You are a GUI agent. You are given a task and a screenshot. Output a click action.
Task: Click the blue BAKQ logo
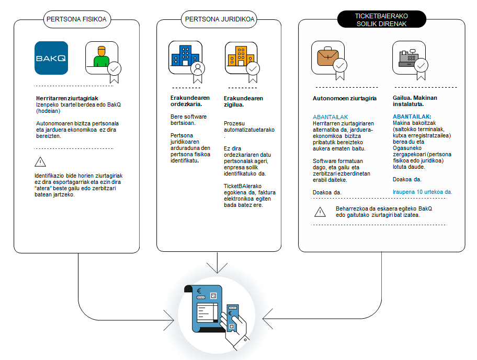click(x=51, y=58)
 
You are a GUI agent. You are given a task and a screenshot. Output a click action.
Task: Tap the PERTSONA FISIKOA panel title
click(x=76, y=20)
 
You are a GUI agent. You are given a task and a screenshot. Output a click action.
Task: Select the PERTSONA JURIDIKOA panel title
click(x=220, y=20)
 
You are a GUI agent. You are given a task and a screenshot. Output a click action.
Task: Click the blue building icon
click(x=185, y=56)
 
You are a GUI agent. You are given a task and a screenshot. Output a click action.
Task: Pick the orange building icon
click(x=241, y=56)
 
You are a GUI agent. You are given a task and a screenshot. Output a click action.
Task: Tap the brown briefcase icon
click(x=327, y=56)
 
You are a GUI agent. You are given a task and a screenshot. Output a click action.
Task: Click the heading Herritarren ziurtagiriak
click(x=67, y=98)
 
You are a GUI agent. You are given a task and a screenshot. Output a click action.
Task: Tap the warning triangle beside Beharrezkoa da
click(x=320, y=212)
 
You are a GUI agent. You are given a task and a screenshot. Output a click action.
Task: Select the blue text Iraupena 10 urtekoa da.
click(x=422, y=192)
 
